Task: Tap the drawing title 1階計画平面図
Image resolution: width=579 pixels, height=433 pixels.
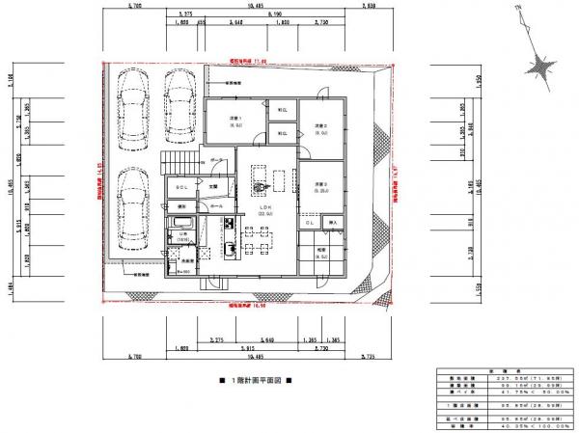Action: click(x=255, y=381)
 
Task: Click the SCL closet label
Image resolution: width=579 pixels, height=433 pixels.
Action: click(x=181, y=186)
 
